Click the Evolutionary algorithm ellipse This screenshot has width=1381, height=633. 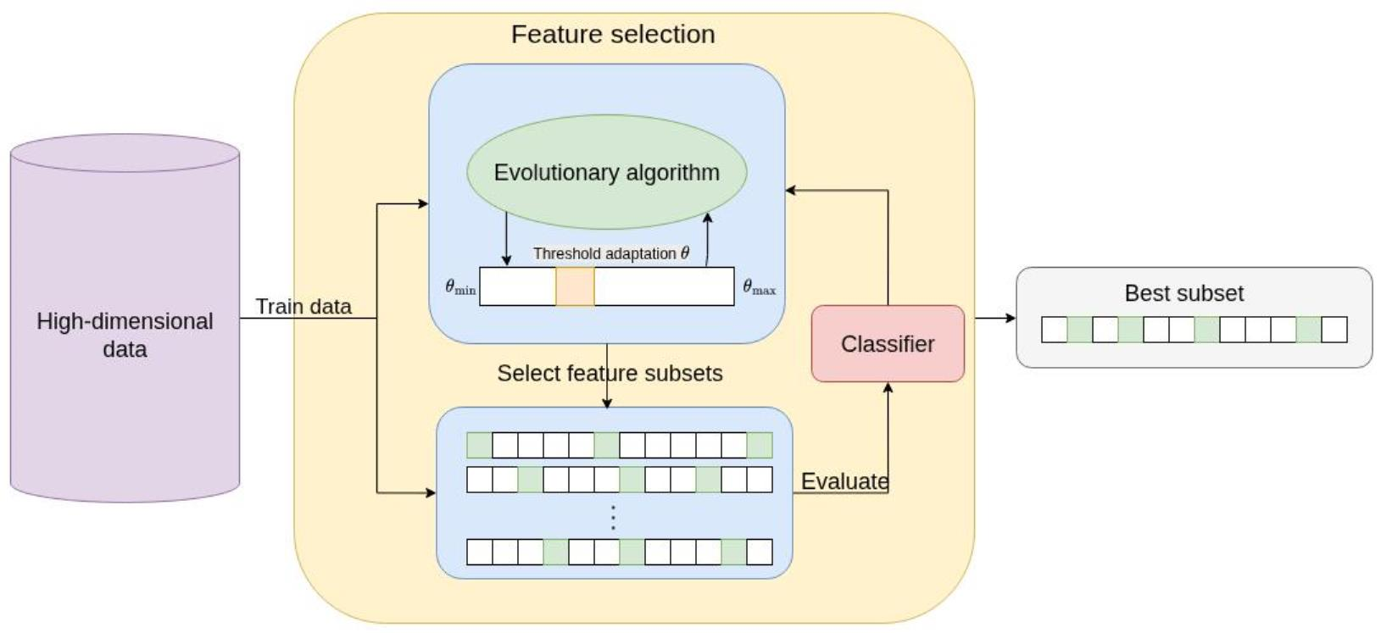point(606,172)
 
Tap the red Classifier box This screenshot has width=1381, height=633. point(888,344)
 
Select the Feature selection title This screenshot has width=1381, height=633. point(613,35)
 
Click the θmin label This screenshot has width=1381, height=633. point(460,287)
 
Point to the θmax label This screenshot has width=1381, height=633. point(759,287)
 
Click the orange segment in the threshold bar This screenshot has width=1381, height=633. point(575,286)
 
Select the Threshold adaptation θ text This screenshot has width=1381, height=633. point(610,253)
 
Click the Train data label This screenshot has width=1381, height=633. point(303,307)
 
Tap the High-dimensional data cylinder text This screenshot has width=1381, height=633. point(125,335)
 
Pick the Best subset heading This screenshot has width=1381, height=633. point(1183,293)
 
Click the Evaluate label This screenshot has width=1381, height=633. point(844,481)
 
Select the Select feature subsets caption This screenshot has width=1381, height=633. point(610,374)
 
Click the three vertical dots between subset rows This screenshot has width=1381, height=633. point(613,518)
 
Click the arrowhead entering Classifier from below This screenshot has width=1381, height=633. point(888,388)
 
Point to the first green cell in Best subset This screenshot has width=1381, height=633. point(1079,330)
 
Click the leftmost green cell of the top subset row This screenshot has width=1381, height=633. point(479,445)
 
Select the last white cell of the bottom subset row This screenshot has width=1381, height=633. point(760,552)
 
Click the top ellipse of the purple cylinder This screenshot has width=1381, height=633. point(125,153)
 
